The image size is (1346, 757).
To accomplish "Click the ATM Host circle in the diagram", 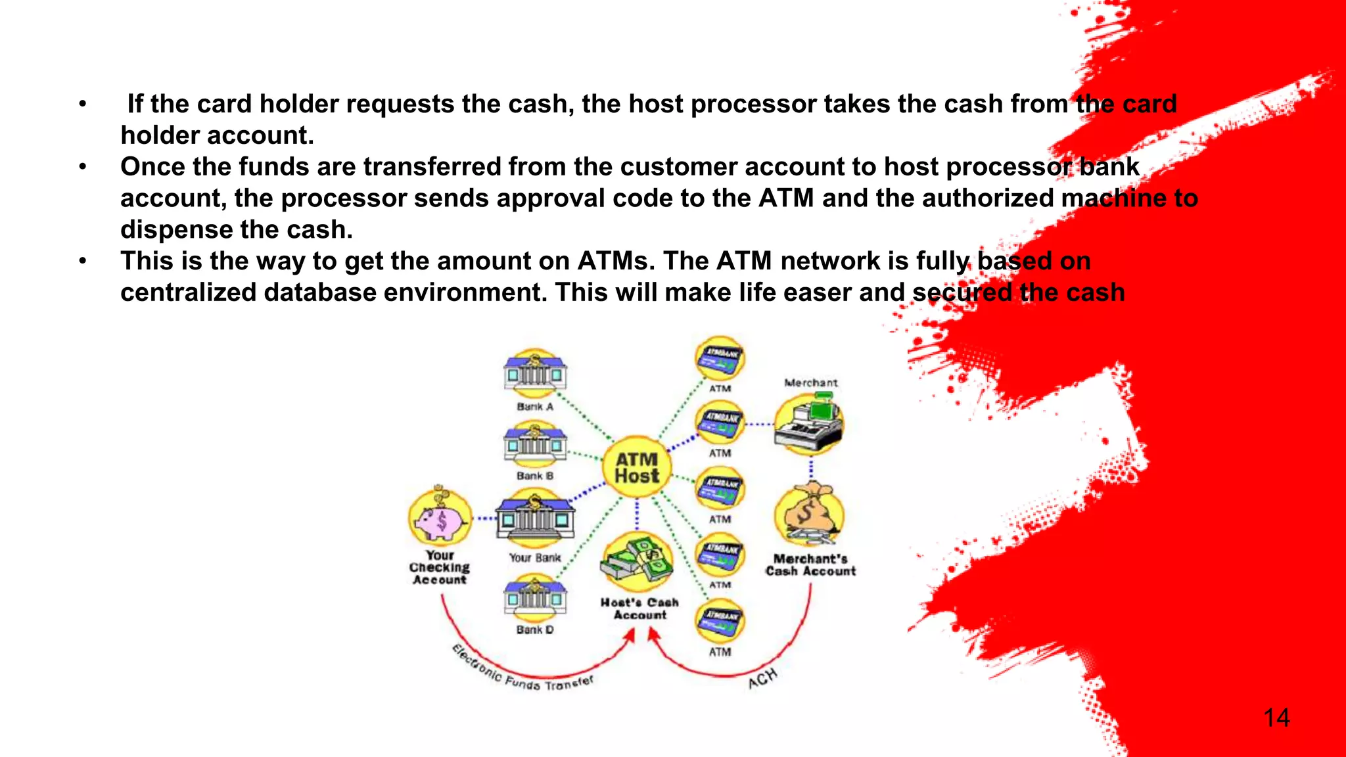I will [636, 468].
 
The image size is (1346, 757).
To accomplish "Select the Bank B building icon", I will [535, 444].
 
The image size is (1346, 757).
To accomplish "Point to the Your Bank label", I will [535, 558].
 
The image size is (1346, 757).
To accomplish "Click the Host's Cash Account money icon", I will [638, 562].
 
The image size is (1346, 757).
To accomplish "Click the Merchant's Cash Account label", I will [810, 565].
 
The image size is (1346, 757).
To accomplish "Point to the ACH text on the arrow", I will [762, 678].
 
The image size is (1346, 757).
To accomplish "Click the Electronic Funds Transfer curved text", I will [522, 674].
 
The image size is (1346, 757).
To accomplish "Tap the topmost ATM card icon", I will [720, 358].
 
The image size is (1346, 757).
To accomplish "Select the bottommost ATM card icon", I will [720, 621].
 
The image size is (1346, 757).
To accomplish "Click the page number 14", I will [1276, 718].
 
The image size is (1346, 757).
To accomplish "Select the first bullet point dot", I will [82, 104].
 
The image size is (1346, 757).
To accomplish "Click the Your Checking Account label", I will [440, 568].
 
